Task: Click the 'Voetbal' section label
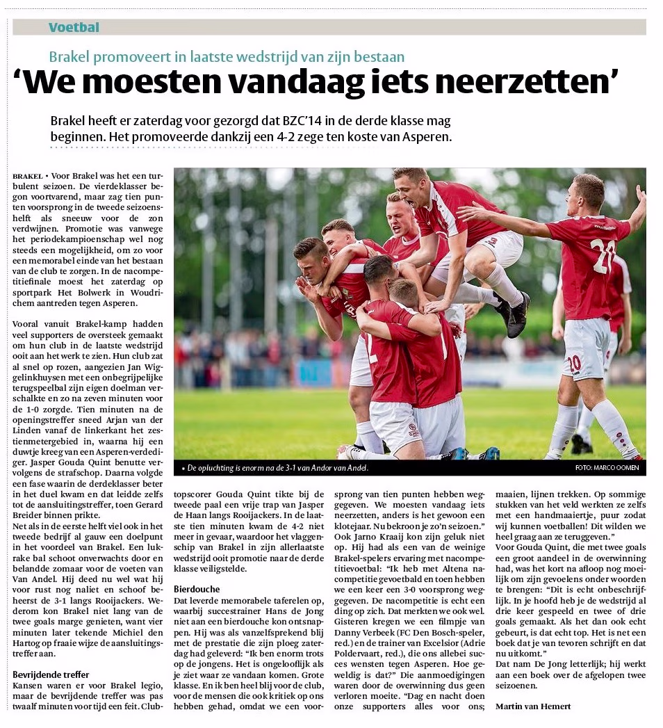pyautogui.click(x=74, y=28)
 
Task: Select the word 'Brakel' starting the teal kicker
pyautogui.click(x=71, y=57)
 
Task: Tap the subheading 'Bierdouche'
pyautogui.click(x=197, y=589)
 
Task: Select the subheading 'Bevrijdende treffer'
pyautogui.click(x=51, y=674)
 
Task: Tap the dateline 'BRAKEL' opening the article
pyautogui.click(x=27, y=177)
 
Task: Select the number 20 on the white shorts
pyautogui.click(x=574, y=364)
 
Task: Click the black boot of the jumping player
pyautogui.click(x=518, y=315)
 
